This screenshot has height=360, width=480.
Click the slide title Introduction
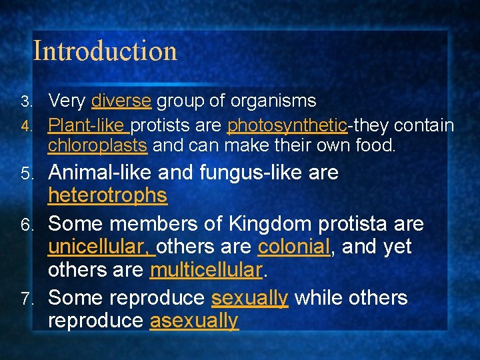point(105,51)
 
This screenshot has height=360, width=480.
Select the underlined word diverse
point(121,101)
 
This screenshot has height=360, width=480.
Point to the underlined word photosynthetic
point(287,125)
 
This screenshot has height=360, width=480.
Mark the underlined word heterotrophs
point(107,196)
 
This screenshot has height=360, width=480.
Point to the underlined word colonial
point(293,247)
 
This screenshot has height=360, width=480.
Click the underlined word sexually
point(249,297)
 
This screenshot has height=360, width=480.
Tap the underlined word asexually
point(193,321)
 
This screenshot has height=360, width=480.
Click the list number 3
point(25,102)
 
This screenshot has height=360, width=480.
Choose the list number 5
point(25,174)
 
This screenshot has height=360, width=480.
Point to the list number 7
point(25,298)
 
